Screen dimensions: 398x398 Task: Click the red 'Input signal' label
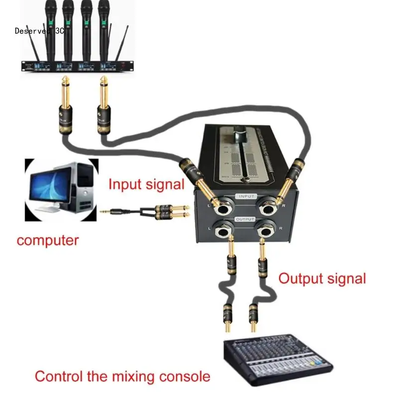click(146, 184)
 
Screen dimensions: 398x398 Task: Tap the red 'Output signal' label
click(322, 278)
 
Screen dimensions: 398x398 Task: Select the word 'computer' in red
click(48, 241)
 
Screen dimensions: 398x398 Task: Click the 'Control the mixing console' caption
click(122, 376)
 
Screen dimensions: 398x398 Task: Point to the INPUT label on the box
click(247, 197)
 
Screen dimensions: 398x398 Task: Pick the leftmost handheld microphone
click(51, 25)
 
